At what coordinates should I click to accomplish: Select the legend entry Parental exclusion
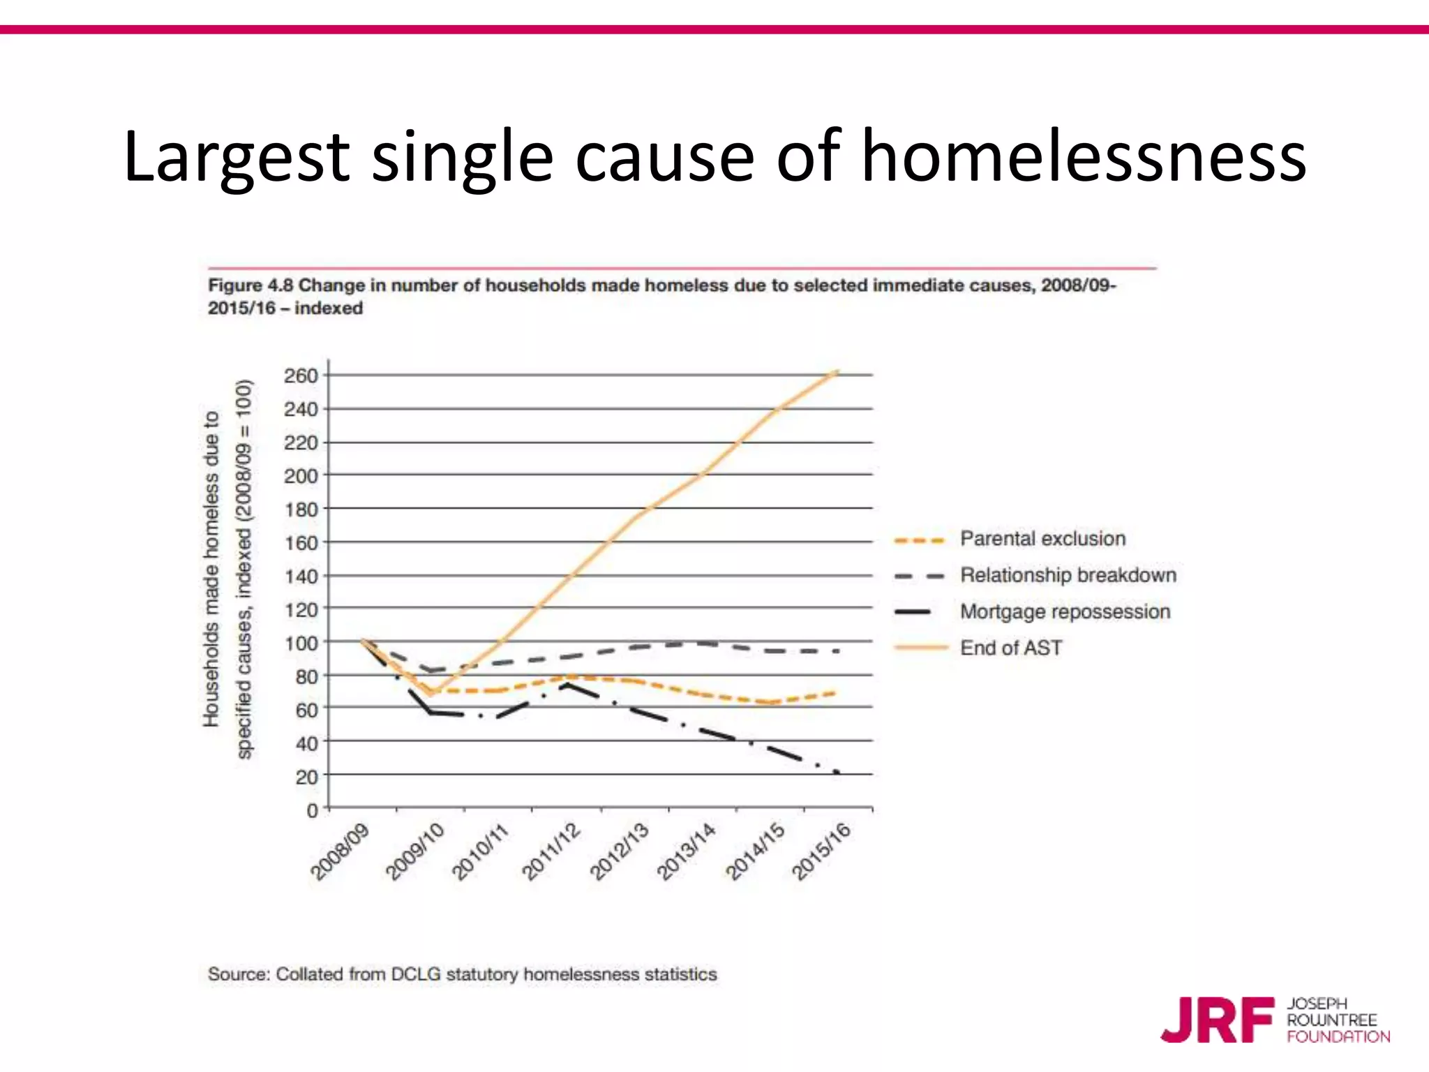coord(1042,539)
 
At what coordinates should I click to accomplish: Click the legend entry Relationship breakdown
coord(1068,575)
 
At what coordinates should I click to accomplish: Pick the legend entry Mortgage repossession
coord(1065,611)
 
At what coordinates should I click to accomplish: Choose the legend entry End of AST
coord(1010,648)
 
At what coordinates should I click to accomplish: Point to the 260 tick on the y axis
coord(301,375)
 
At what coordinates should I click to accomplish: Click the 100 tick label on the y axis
coord(301,643)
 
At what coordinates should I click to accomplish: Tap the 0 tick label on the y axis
coord(312,810)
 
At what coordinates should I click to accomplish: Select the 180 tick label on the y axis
coord(301,509)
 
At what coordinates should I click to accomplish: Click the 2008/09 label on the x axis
coord(340,852)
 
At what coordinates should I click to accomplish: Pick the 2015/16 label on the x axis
coord(822,852)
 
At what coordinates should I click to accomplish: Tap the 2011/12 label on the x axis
coord(551,852)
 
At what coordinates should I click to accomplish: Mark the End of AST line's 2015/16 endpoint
coord(837,372)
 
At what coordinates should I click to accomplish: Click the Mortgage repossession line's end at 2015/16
coord(837,772)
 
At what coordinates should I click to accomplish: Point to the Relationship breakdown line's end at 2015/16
coord(837,651)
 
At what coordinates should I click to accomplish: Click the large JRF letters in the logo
coord(1218,1020)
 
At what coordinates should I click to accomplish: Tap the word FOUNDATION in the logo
coord(1338,1037)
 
